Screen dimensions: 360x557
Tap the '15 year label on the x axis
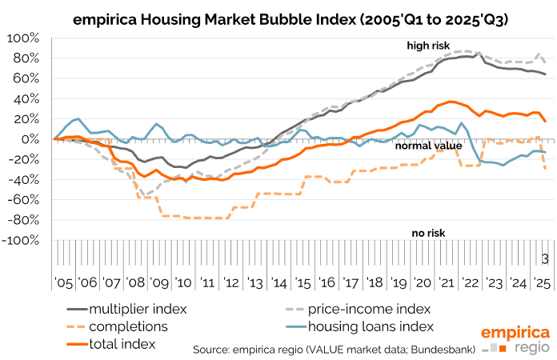303,283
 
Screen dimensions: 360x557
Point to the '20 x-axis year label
421,283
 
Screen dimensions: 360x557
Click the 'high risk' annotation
429,46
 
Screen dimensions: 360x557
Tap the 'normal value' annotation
427,146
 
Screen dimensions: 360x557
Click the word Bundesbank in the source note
438,350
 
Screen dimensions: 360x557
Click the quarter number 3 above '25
544,258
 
